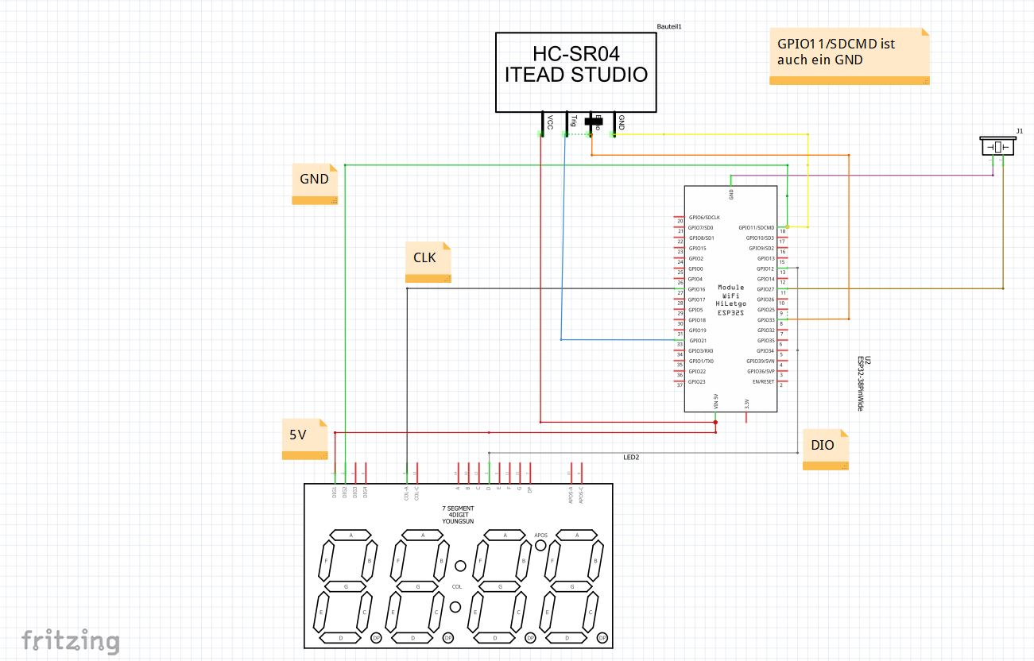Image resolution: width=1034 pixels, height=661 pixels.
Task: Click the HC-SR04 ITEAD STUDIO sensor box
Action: pos(576,72)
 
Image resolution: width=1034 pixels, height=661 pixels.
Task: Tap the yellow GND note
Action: pos(315,180)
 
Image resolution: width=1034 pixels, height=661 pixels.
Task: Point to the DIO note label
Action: pos(824,445)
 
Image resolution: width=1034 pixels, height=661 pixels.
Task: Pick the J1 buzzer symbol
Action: pos(997,147)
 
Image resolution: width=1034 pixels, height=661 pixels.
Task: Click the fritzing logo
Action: pos(71,640)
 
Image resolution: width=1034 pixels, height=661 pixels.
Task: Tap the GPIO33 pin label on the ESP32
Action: pos(765,320)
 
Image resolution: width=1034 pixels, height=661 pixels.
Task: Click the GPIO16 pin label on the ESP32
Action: pos(697,289)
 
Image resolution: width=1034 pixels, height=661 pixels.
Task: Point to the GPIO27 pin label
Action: pos(765,289)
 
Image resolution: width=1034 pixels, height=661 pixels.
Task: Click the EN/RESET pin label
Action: pos(763,381)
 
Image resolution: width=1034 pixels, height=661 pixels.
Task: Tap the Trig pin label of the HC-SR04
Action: pos(573,120)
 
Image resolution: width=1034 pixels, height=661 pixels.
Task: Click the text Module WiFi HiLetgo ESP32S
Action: pos(730,300)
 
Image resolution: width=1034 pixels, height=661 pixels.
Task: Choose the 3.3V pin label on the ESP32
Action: pos(746,404)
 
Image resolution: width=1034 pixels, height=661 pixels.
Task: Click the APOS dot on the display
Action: pos(540,546)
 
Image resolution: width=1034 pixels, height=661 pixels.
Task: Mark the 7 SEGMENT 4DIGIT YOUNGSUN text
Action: pos(459,514)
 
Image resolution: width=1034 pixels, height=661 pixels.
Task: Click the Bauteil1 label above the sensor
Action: pos(669,26)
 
